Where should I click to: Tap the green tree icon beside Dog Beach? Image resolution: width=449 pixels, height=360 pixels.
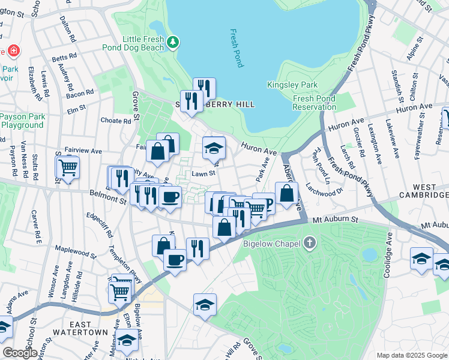pyautogui.click(x=173, y=41)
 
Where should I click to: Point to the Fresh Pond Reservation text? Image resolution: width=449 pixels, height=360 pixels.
pyautogui.click(x=314, y=103)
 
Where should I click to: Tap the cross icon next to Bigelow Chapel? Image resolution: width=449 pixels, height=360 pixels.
pyautogui.click(x=309, y=243)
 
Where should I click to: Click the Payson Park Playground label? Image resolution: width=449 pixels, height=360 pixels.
pyautogui.click(x=22, y=121)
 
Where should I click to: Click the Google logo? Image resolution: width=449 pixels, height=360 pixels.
pyautogui.click(x=19, y=352)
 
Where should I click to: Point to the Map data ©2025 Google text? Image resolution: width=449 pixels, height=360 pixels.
pyautogui.click(x=411, y=355)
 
